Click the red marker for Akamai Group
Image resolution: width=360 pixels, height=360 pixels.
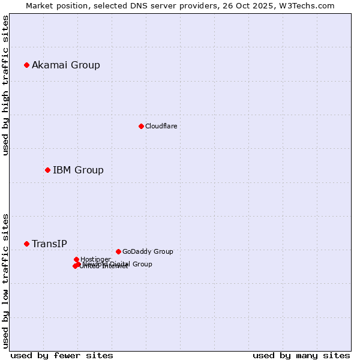pos(26,65)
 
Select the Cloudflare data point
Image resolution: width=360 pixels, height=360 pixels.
pos(141,126)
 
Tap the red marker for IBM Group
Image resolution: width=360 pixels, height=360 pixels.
pos(47,170)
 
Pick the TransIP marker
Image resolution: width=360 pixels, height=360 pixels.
pos(26,244)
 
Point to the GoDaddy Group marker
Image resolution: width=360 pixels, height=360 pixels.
pos(118,251)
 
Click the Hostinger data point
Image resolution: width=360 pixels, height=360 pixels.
pos(76,259)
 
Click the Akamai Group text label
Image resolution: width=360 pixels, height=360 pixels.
pos(66,65)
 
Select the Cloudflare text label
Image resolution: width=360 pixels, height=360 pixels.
pos(161,126)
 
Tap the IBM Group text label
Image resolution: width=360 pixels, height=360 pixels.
pos(78,170)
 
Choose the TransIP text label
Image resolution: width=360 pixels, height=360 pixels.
pos(49,244)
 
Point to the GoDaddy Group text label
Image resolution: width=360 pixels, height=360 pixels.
pos(148,251)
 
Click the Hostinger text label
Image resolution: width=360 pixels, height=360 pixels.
pos(95,259)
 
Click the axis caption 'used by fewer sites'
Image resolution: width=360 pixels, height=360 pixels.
pos(62,355)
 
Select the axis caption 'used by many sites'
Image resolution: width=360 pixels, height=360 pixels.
pos(301,355)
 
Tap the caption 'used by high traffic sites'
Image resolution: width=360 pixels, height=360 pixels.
pos(5,85)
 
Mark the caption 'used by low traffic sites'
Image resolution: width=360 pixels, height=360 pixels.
pos(5,280)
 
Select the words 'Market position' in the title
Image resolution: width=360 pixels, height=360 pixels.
pos(54,5)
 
